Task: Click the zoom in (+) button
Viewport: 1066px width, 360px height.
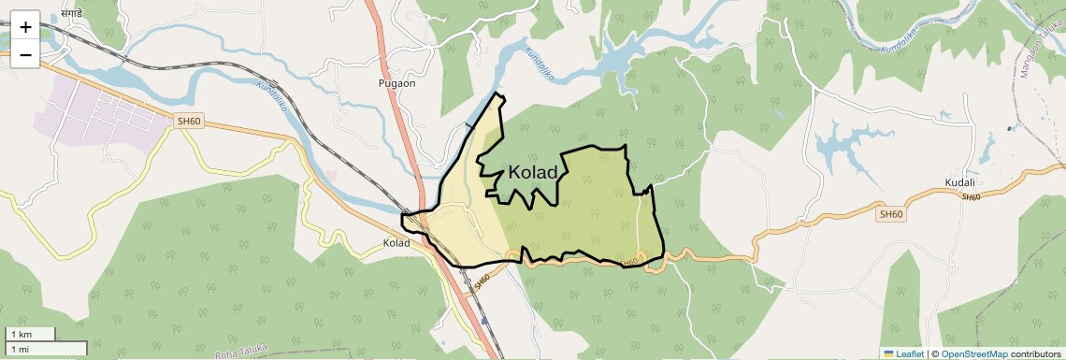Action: coord(25,26)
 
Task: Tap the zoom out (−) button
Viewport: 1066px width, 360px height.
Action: coord(25,54)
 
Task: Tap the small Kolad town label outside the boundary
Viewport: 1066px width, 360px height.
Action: coord(396,243)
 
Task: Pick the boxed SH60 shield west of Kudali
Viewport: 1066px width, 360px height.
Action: coord(891,214)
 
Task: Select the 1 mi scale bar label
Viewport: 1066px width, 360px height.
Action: coord(20,349)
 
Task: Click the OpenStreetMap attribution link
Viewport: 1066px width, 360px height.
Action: coord(974,353)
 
